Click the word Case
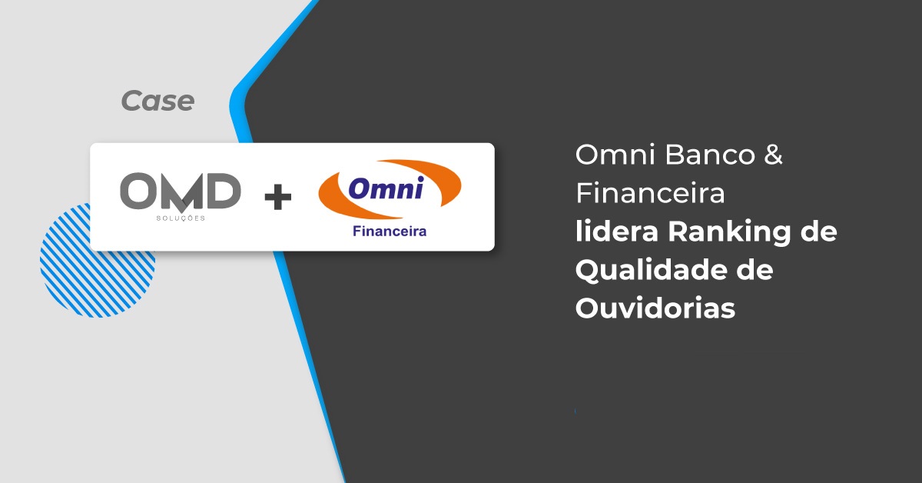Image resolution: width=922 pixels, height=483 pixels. point(158,101)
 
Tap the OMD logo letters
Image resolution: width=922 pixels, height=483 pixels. point(181,192)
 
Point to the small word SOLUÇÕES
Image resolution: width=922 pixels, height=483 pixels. point(181,218)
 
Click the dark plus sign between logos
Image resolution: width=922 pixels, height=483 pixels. point(278,197)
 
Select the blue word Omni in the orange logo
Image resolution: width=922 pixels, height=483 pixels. point(386,188)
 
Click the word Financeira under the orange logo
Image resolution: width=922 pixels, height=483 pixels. point(390,232)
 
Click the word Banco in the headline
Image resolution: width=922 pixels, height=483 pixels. point(710,155)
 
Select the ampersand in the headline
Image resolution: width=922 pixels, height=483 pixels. point(774,155)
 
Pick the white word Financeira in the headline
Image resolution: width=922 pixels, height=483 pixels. point(650,193)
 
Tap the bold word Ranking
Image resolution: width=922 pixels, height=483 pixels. point(729,232)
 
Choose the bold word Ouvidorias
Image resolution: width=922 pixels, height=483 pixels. point(655,308)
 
